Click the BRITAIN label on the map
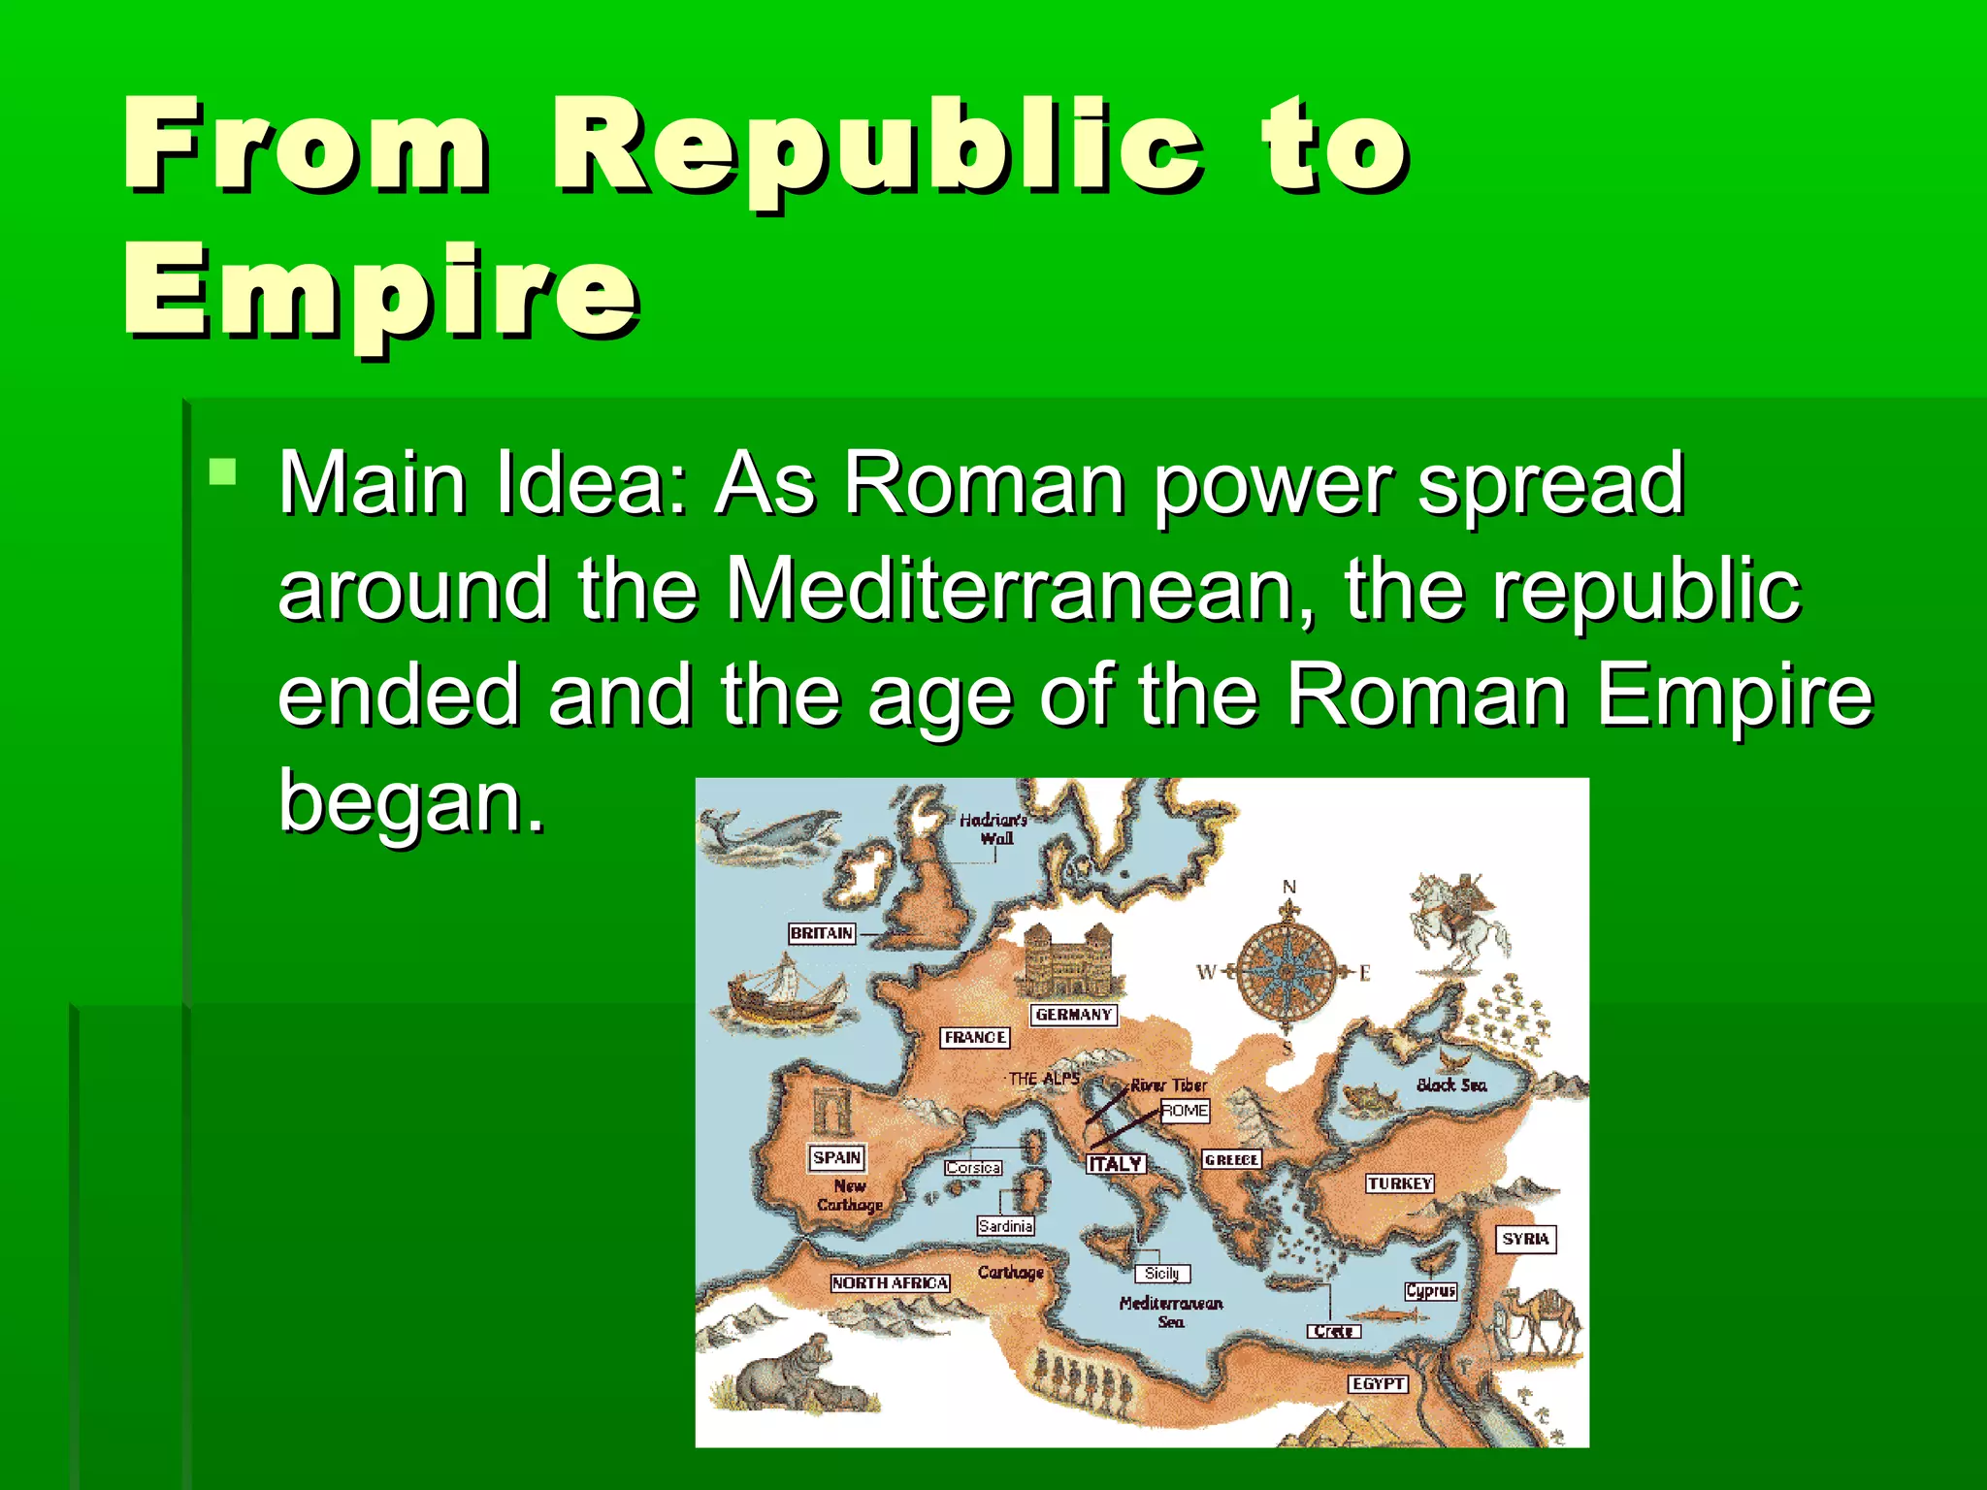click(821, 933)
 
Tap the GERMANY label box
click(1073, 1015)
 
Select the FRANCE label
click(975, 1037)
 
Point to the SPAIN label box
click(836, 1157)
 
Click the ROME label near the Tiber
click(1185, 1111)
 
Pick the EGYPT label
click(1378, 1384)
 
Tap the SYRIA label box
click(1525, 1239)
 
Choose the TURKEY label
click(1399, 1183)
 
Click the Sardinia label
click(1005, 1226)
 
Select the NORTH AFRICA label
click(890, 1282)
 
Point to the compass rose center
click(1287, 970)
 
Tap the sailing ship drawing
click(784, 995)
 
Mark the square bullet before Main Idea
click(223, 472)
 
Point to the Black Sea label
click(1450, 1085)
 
